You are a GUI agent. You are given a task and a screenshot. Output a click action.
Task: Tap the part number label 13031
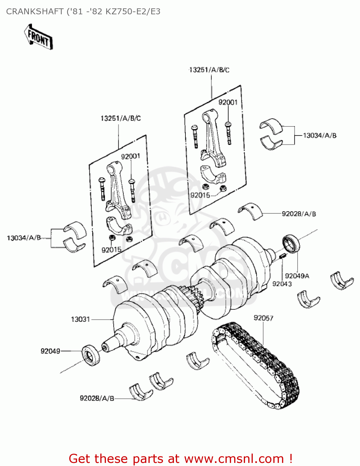click(x=80, y=319)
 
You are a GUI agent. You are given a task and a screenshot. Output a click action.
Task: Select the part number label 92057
click(x=263, y=318)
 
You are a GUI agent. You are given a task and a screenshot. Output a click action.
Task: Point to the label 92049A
click(x=297, y=276)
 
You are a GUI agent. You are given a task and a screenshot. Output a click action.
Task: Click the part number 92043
click(x=282, y=284)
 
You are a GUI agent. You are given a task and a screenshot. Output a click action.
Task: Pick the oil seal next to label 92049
click(x=91, y=355)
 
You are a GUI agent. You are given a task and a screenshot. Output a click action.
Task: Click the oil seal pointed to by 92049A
click(x=291, y=244)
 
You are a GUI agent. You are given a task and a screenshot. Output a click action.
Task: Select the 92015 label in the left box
click(x=112, y=250)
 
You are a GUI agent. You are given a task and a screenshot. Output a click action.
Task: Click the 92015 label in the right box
click(x=200, y=195)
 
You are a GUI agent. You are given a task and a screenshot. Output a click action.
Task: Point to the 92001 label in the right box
click(x=228, y=103)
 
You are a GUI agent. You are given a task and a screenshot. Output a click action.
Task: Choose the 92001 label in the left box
click(x=130, y=156)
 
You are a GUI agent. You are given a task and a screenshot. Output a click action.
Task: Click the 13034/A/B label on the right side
click(x=320, y=135)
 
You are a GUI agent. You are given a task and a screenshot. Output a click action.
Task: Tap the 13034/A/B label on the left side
click(x=24, y=238)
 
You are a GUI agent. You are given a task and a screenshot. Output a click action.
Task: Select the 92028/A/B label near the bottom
click(x=97, y=398)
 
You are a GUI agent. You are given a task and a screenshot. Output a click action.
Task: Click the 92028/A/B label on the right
click(x=299, y=214)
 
